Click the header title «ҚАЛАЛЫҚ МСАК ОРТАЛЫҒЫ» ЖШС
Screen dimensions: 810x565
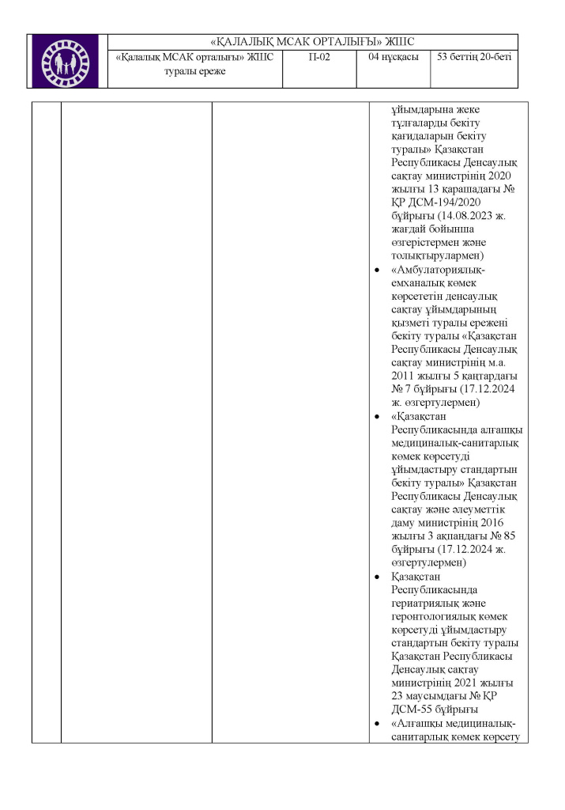pyautogui.click(x=314, y=42)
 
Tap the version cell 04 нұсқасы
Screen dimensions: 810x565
pyautogui.click(x=392, y=58)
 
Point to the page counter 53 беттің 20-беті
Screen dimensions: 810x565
pyautogui.click(x=474, y=58)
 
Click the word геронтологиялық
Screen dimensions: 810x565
pyautogui.click(x=438, y=617)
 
